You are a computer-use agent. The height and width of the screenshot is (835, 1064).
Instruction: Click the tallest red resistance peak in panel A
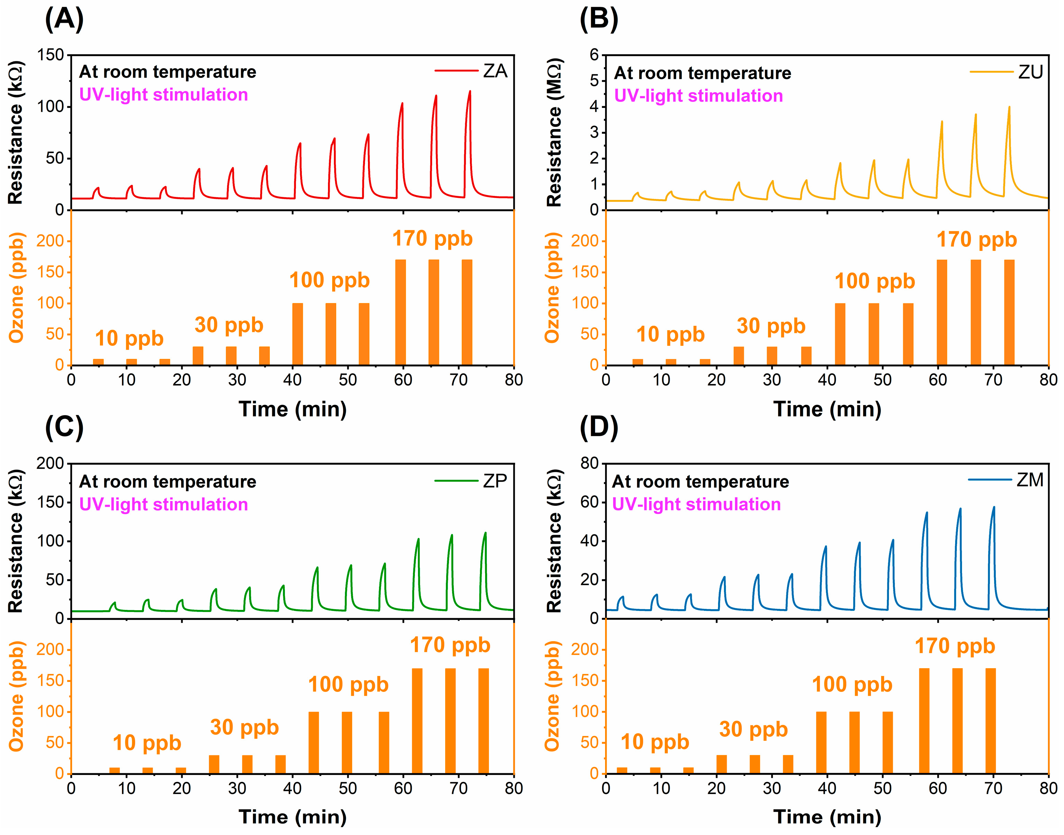pos(470,92)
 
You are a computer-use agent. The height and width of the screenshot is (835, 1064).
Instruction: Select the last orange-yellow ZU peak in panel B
pos(1009,108)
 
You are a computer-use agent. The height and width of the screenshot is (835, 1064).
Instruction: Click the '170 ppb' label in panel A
pos(432,239)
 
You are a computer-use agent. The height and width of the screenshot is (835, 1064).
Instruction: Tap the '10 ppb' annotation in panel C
pos(146,743)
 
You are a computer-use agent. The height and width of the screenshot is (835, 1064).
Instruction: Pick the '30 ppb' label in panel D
pos(753,730)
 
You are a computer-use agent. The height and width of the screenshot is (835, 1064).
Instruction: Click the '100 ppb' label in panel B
pos(874,282)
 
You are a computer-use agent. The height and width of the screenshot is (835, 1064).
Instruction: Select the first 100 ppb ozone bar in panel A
pos(297,334)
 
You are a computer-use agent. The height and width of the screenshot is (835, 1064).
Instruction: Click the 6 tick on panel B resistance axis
pos(594,55)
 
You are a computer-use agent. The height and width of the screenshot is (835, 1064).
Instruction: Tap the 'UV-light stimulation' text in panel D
pos(696,504)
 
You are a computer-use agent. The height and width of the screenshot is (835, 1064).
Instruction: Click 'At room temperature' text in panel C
pos(167,482)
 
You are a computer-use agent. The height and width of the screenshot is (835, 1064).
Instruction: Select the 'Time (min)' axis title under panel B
pos(827,410)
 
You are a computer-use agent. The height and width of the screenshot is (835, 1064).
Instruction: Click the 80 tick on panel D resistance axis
pos(590,463)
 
